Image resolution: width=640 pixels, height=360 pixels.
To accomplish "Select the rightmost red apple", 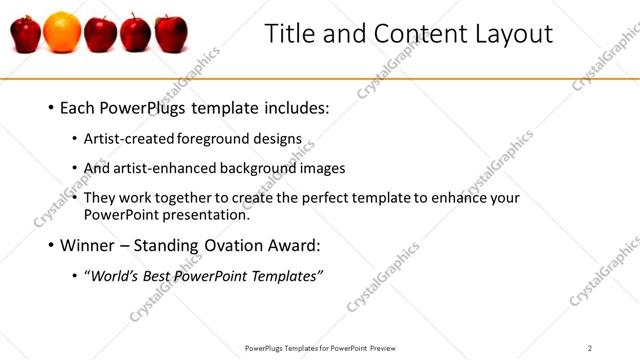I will click(x=170, y=33).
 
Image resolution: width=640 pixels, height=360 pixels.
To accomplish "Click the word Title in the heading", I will click(x=289, y=33).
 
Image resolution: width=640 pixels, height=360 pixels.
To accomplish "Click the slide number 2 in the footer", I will click(x=590, y=348).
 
